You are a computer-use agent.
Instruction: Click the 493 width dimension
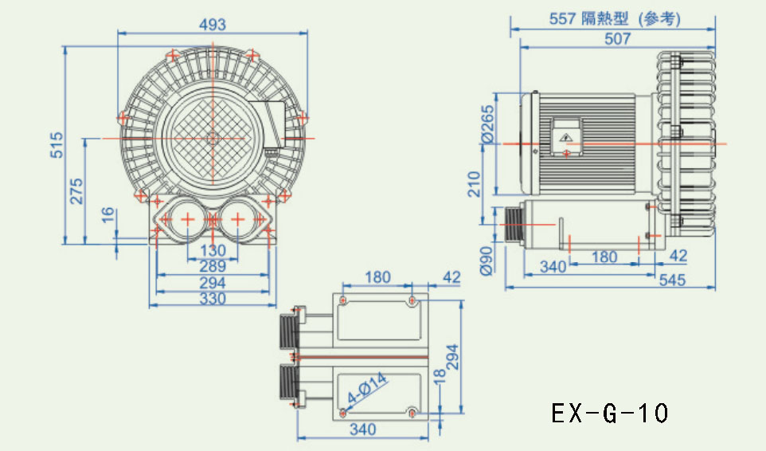[213, 25]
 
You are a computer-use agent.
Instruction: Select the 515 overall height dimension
[57, 145]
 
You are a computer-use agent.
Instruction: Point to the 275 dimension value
[76, 191]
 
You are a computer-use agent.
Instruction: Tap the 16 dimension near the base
[108, 215]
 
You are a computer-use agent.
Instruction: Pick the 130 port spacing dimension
[213, 251]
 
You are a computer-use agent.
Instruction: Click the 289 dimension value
[213, 267]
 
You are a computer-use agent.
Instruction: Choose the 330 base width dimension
[213, 299]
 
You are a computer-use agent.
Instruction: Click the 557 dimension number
[563, 19]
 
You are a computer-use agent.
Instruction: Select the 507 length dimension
[617, 38]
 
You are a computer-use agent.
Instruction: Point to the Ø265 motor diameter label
[488, 125]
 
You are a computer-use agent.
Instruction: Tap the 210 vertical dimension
[475, 184]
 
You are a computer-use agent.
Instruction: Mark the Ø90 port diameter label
[487, 261]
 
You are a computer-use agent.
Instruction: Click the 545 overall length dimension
[673, 280]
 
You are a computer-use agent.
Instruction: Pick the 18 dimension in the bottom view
[440, 375]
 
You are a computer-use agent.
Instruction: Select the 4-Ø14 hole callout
[367, 388]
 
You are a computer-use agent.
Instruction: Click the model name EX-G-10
[610, 414]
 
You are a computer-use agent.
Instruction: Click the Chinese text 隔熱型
[605, 19]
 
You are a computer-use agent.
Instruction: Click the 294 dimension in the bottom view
[453, 357]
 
